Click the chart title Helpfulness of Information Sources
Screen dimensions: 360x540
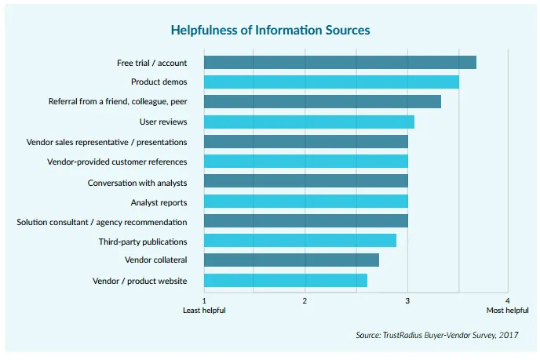tap(270, 30)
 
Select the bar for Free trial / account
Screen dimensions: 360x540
tap(340, 63)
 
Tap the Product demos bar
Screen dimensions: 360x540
tap(331, 82)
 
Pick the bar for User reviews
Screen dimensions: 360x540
tap(308, 122)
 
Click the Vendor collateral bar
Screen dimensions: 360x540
tap(291, 260)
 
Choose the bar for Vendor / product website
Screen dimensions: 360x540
tap(286, 280)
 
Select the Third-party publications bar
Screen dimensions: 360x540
tap(300, 240)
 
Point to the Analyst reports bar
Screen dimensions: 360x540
tap(305, 202)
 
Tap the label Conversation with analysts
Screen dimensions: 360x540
tap(137, 182)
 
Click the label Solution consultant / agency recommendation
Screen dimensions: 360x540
tap(102, 222)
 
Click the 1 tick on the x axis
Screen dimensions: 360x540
tap(204, 300)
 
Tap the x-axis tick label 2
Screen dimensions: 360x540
tap(305, 300)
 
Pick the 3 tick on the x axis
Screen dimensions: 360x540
tap(407, 300)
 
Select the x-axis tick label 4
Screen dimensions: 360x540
tap(508, 300)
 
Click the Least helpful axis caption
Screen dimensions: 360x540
tap(204, 311)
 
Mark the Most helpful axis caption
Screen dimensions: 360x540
tap(506, 311)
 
